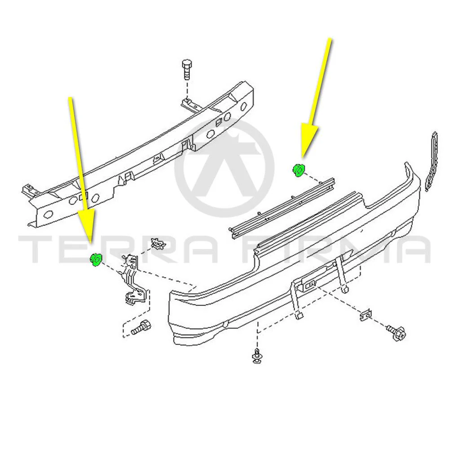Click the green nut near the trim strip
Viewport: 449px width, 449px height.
click(299, 170)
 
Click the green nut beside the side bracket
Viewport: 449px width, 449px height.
click(96, 260)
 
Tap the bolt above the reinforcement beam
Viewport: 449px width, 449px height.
click(187, 69)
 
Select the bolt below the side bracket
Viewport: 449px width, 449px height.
click(141, 328)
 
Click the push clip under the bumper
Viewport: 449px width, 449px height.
click(257, 356)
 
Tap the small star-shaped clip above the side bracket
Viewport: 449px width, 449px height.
click(158, 244)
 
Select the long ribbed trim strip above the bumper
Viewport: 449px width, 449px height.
click(282, 209)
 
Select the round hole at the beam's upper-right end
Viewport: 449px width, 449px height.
click(244, 106)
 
